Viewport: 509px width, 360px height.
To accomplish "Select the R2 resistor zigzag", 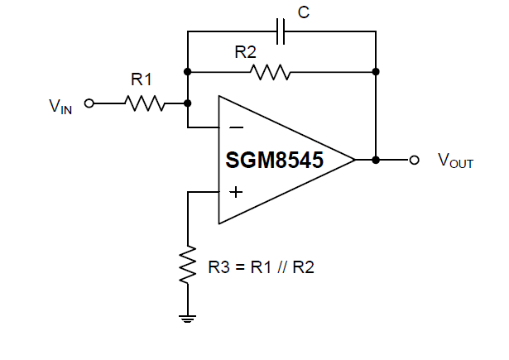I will pos(271,71).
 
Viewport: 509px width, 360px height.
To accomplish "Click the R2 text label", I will pos(245,53).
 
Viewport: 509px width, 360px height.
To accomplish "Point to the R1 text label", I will pos(142,81).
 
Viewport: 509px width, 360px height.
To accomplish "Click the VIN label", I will pos(61,106).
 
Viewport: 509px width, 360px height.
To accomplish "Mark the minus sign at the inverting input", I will pos(236,127).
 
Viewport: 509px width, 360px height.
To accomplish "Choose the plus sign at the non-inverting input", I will pos(236,192).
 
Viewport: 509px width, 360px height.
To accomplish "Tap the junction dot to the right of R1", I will pos(189,103).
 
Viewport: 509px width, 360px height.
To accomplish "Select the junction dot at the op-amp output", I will pos(376,159).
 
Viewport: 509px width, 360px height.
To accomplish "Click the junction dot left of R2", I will pos(189,71).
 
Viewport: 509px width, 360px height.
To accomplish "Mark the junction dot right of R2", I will pos(376,71).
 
